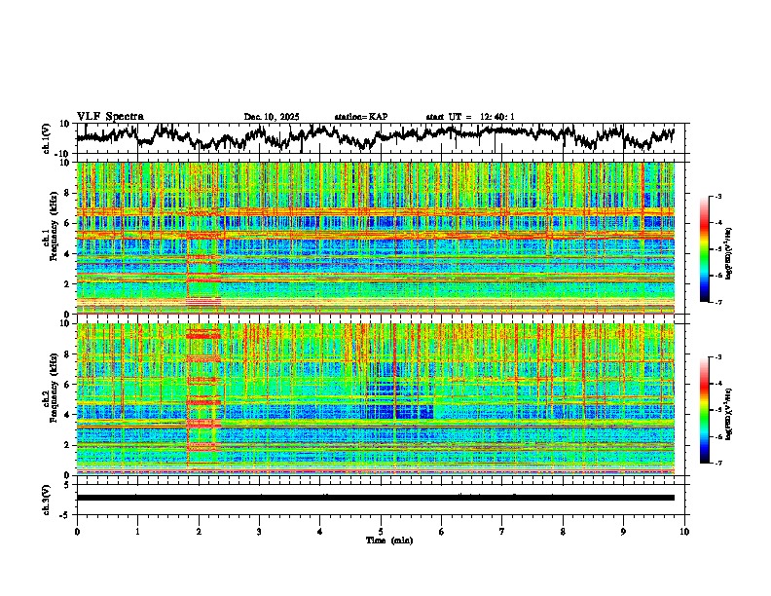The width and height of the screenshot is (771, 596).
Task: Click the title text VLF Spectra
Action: tap(110, 116)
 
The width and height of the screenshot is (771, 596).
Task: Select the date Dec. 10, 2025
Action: tap(272, 117)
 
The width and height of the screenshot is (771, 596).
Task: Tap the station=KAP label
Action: tap(360, 117)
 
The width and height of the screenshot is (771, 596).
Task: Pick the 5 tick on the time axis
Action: tap(381, 531)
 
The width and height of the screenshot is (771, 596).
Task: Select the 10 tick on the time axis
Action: tap(684, 531)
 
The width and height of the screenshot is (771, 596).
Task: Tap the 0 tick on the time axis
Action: tap(77, 531)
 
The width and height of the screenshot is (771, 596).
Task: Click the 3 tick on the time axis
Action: tap(259, 531)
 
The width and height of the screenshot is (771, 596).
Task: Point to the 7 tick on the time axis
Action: tap(502, 531)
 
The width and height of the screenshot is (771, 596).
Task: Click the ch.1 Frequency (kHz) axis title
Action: tap(50, 238)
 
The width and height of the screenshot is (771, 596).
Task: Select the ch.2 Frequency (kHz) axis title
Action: tap(50, 398)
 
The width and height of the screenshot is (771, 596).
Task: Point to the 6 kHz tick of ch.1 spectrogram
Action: tap(67, 223)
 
